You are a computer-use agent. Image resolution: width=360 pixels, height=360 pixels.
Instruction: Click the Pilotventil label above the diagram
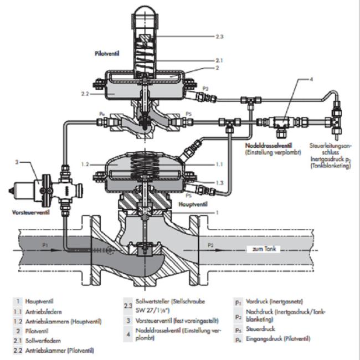[x=108, y=54]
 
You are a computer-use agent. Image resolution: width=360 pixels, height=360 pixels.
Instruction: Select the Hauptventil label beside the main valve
[x=193, y=204]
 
